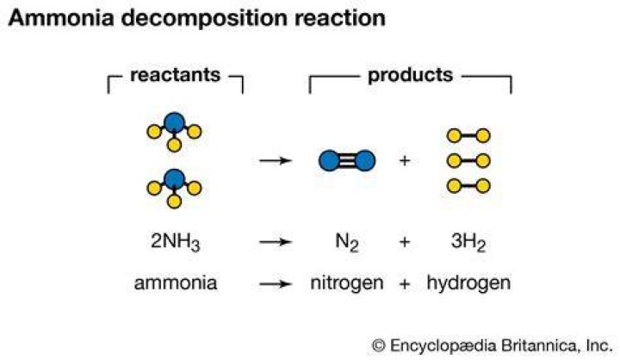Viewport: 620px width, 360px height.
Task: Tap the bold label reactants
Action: point(175,75)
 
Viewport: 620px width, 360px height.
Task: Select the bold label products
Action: point(410,76)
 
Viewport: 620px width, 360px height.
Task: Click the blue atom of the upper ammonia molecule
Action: point(174,122)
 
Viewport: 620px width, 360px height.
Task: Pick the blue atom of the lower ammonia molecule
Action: point(174,179)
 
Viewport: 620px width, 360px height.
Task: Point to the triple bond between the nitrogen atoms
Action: point(347,160)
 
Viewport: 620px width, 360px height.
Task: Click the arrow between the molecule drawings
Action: point(276,160)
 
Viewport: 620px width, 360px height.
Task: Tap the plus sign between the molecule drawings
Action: point(404,160)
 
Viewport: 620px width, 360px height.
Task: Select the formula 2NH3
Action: point(175,241)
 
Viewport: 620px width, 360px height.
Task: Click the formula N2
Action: point(347,241)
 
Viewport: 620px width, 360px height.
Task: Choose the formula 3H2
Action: point(468,241)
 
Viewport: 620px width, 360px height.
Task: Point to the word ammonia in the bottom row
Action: point(176,283)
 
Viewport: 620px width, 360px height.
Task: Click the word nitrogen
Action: point(347,284)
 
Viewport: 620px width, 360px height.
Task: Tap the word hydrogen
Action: point(468,284)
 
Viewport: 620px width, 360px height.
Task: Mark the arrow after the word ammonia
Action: point(276,283)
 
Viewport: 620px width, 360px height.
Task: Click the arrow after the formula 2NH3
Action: point(276,242)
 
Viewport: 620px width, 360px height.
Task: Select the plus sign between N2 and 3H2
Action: point(404,242)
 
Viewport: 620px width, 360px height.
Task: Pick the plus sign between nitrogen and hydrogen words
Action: point(404,283)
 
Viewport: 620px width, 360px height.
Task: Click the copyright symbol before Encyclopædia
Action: point(378,345)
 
